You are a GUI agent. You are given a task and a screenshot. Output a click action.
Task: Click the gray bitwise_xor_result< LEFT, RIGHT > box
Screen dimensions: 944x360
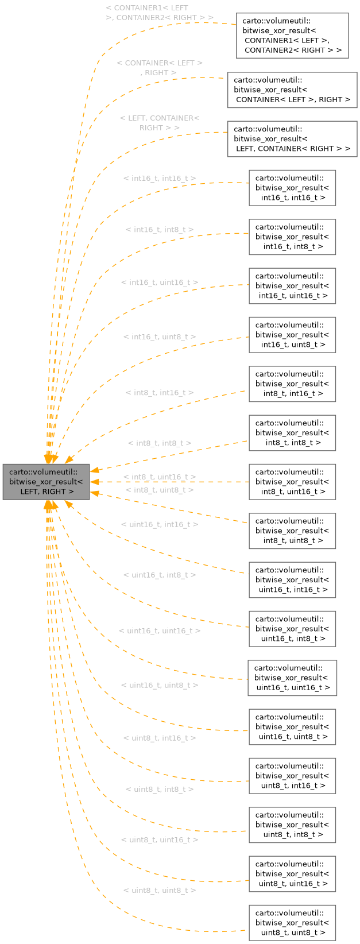47,482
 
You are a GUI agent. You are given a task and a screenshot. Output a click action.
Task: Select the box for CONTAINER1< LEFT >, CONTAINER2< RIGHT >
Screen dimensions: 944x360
292,36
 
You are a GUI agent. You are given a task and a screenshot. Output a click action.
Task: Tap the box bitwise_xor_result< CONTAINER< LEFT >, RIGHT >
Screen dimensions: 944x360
292,90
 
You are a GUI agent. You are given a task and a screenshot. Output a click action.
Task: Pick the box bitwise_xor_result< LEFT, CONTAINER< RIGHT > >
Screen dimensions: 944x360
292,139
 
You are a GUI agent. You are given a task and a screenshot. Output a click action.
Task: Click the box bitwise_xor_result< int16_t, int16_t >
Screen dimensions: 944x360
292,188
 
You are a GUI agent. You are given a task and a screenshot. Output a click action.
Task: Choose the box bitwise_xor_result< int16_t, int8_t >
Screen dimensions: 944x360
292,237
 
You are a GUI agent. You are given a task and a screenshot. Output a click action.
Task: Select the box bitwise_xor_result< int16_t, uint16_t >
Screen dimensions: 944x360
292,286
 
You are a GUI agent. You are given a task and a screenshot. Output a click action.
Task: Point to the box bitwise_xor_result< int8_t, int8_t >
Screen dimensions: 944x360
292,433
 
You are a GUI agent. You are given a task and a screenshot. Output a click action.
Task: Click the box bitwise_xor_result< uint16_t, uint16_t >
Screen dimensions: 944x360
292,678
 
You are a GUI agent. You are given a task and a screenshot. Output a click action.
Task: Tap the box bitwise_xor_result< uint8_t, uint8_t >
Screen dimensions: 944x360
292,923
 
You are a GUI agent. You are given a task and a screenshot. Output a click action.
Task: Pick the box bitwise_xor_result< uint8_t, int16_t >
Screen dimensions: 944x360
292,776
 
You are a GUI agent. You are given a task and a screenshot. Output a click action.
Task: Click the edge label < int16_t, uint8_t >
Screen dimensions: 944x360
160,337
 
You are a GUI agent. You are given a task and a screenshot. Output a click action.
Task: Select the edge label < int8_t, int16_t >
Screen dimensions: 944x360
160,393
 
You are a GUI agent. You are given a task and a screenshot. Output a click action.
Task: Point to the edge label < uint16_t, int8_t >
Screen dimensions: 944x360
160,575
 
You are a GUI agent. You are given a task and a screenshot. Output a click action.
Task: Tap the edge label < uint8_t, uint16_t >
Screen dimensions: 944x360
160,839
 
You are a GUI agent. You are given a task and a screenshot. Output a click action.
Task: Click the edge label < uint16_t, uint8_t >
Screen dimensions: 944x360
160,685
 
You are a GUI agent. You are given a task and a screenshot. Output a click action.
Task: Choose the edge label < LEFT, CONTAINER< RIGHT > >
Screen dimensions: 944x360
160,123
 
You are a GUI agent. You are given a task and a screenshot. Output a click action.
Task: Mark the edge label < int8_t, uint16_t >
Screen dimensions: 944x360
160,477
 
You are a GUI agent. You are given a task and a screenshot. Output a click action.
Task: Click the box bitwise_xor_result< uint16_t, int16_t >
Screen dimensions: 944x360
292,580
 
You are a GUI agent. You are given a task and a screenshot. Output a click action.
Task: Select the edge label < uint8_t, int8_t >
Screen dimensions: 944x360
160,790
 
